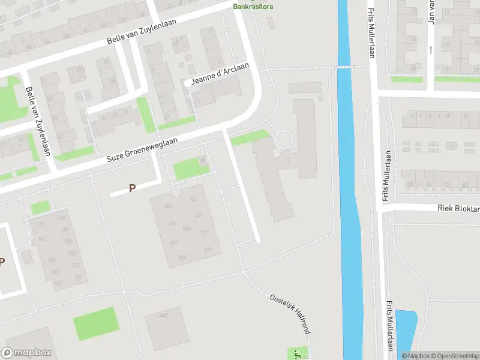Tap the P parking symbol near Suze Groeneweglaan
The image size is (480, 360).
click(x=132, y=188)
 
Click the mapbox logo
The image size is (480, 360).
click(x=26, y=352)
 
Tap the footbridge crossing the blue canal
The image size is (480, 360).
click(x=343, y=67)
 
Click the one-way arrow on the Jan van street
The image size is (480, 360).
click(x=431, y=49)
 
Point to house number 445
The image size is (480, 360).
click(x=163, y=315)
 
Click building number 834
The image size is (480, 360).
click(x=187, y=228)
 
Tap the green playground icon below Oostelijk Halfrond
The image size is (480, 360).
click(x=296, y=353)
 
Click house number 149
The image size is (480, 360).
click(x=62, y=217)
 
